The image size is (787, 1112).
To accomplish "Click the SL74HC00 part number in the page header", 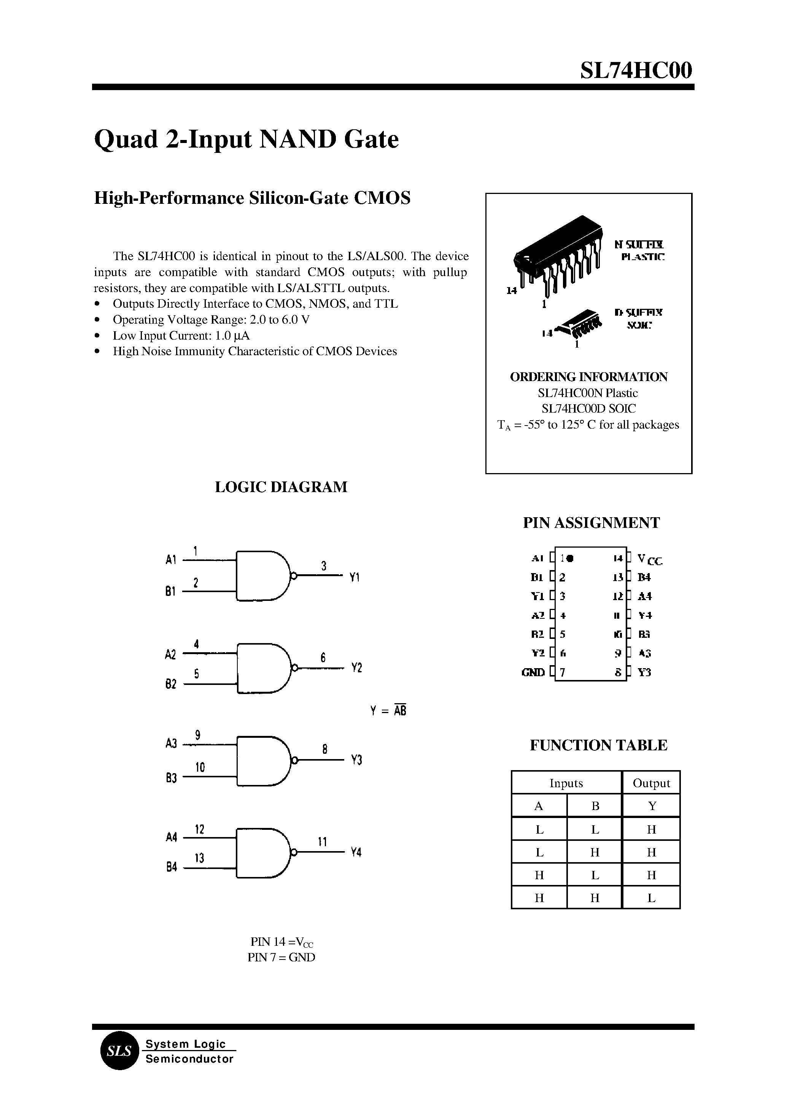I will click(636, 71).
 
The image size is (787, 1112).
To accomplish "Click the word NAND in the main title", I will click(297, 140).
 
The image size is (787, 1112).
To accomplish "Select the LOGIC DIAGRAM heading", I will click(281, 487).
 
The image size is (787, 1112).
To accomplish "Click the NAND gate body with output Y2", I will click(262, 668).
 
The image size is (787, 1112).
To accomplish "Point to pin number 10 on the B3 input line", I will click(200, 767).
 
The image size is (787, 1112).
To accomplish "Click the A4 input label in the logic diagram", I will click(172, 837).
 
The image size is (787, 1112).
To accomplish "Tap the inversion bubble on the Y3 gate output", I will click(293, 760).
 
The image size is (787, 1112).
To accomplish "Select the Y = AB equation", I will click(388, 711).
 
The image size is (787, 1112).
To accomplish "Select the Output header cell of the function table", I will click(651, 783).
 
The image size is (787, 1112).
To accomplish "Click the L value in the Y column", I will click(651, 898).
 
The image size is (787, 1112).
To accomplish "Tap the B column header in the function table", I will click(595, 806).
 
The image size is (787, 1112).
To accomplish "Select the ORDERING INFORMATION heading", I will click(588, 377).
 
